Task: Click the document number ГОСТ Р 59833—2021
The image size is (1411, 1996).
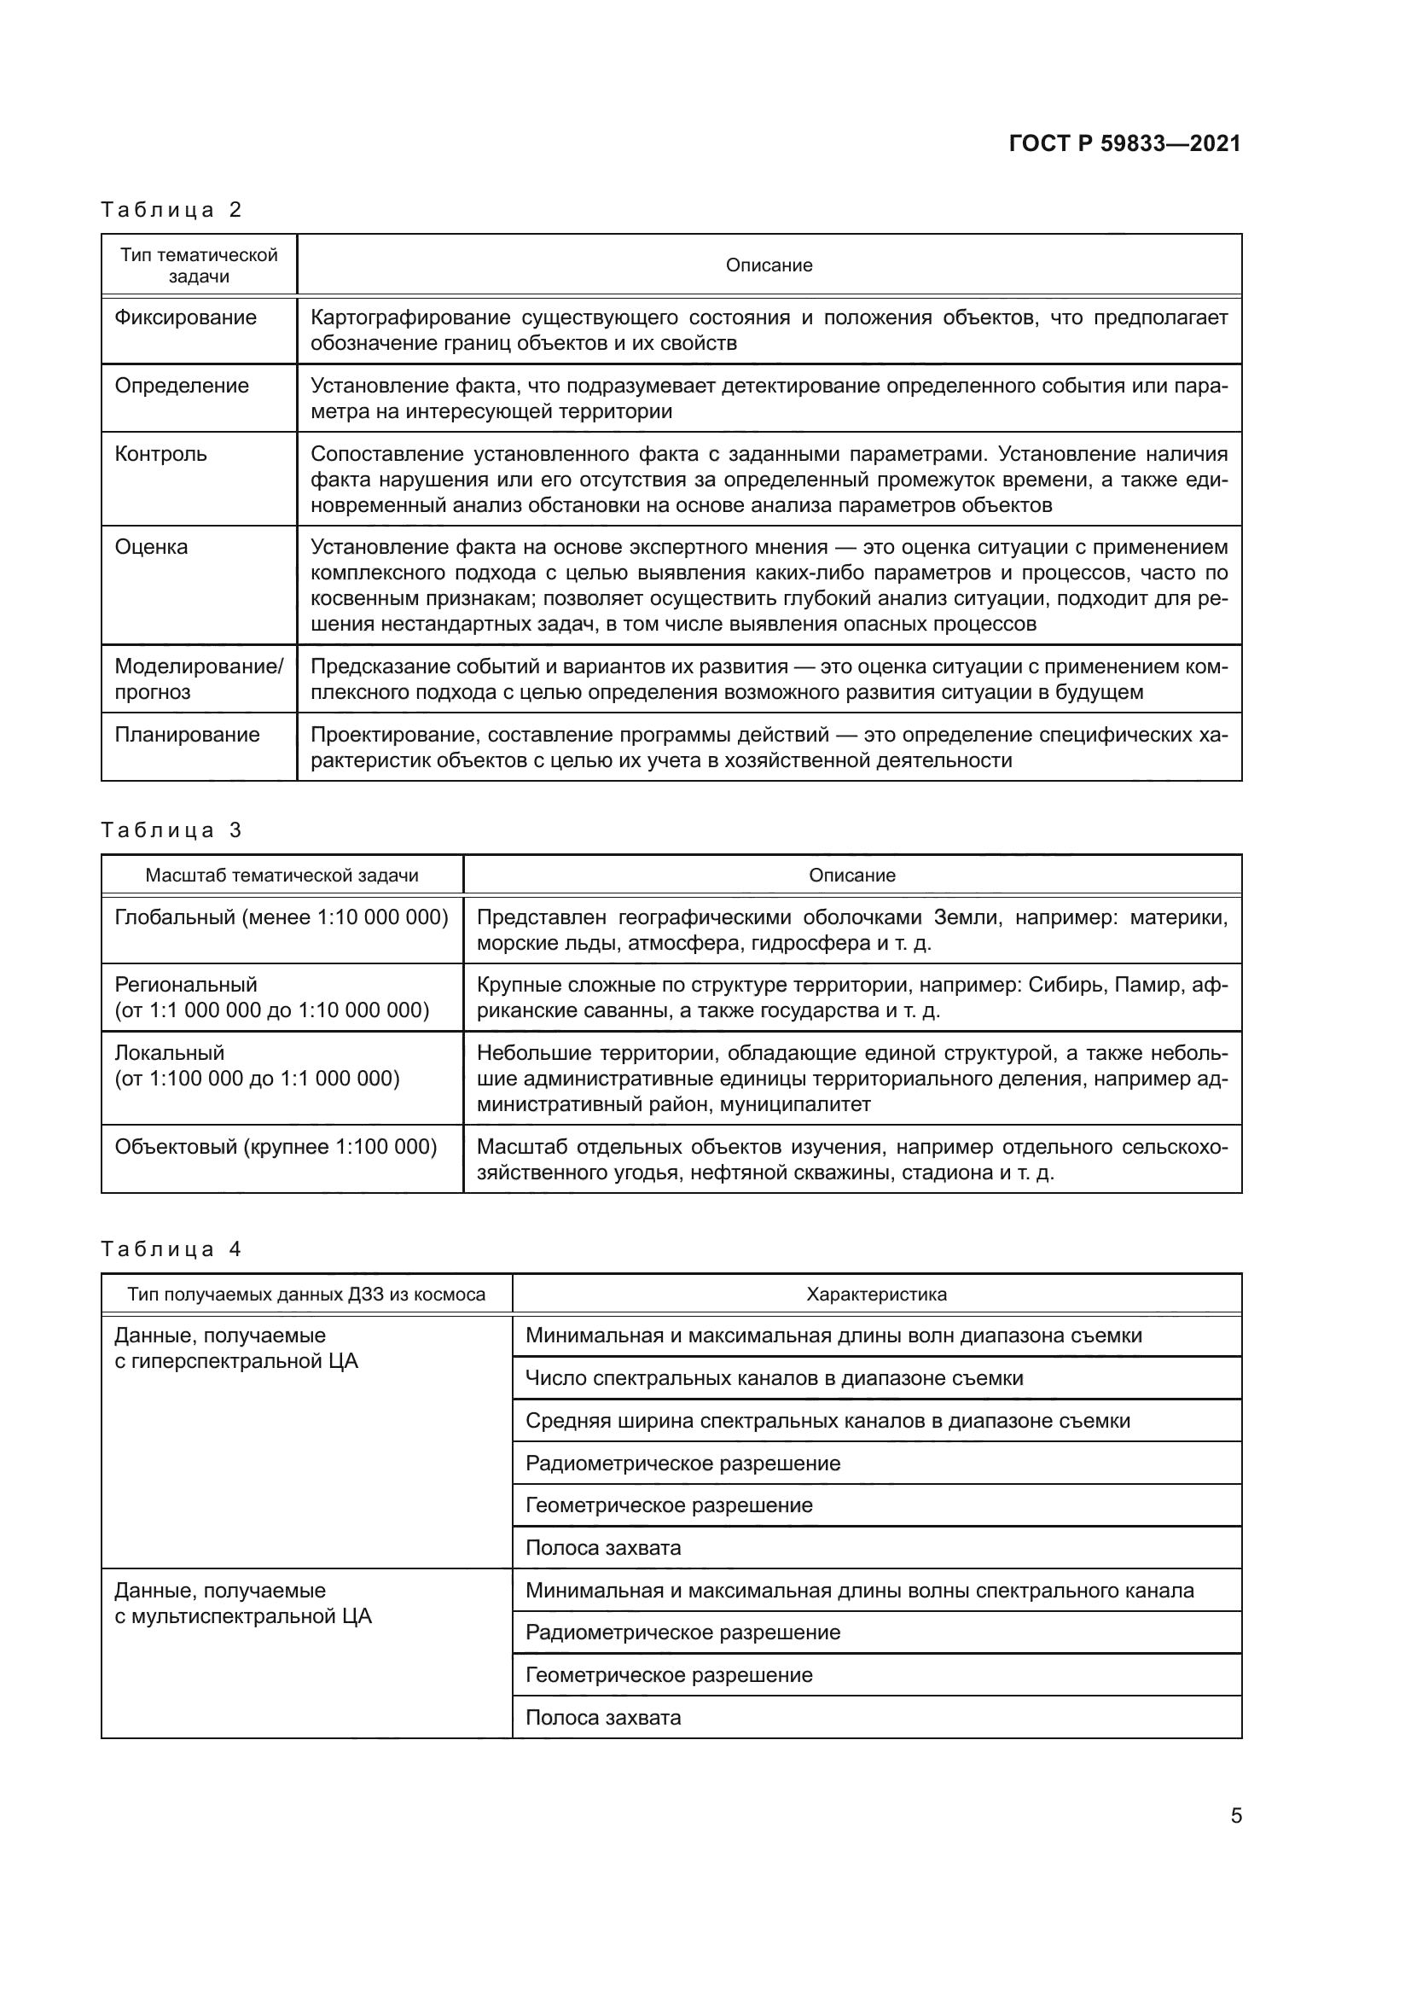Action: coord(1124,143)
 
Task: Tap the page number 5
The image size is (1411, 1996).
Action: coord(1235,1815)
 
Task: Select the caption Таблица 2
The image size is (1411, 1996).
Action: coord(171,210)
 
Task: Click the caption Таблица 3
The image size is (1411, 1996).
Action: coord(171,830)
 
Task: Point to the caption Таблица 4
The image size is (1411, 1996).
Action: coord(171,1249)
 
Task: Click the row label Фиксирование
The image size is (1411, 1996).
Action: coord(185,317)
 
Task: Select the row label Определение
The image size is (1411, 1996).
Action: coord(182,386)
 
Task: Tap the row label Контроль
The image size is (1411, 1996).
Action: coord(160,454)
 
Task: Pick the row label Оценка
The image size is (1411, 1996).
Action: coord(151,547)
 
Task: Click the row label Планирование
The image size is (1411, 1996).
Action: coord(187,735)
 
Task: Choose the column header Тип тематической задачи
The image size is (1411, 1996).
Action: coord(198,265)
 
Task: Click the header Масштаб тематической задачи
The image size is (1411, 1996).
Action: coord(282,876)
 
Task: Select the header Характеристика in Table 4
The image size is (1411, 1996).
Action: coord(876,1295)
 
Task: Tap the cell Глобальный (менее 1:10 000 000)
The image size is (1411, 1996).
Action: coord(282,917)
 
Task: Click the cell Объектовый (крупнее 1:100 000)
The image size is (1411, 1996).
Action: coord(276,1147)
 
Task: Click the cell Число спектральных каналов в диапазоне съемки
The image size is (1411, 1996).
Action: coord(774,1378)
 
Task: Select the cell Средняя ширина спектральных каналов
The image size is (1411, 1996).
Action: coord(827,1421)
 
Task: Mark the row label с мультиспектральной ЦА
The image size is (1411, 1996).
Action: coord(242,1616)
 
